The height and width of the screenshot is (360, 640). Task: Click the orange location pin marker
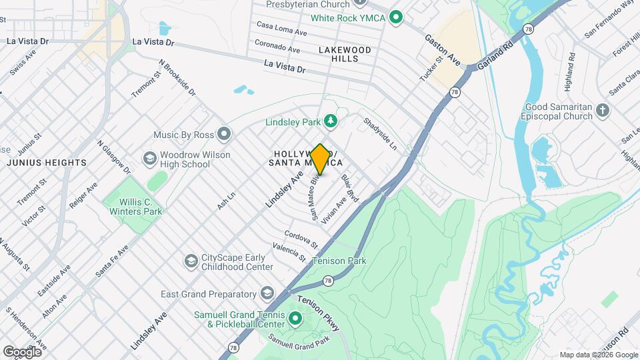tap(320, 159)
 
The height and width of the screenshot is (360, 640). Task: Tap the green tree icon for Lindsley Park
tap(330, 121)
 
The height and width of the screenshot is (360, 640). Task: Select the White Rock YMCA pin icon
tap(395, 17)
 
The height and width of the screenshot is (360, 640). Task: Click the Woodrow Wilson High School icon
tap(149, 159)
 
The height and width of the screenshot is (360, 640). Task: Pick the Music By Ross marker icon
tap(225, 135)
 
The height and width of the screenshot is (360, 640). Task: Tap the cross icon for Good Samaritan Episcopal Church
tap(603, 110)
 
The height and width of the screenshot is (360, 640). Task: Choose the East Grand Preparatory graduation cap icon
tap(267, 294)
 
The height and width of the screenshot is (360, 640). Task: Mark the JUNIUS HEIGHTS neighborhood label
tap(47, 163)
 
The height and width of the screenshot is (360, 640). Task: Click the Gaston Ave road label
tap(443, 49)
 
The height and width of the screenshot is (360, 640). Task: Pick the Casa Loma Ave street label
tap(281, 29)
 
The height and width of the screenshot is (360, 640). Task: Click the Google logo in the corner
tap(21, 351)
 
